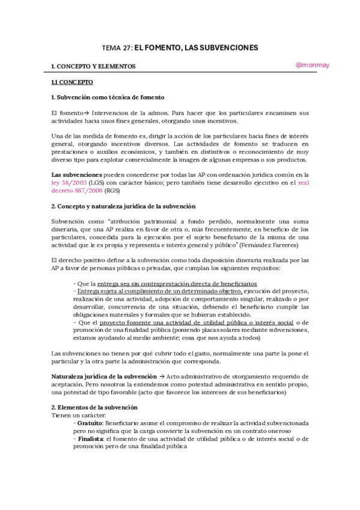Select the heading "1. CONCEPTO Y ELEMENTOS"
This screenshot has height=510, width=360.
pos(93,66)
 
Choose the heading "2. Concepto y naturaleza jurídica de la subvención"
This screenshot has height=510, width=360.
pos(123,206)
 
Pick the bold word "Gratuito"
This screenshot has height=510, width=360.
pos(90,423)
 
